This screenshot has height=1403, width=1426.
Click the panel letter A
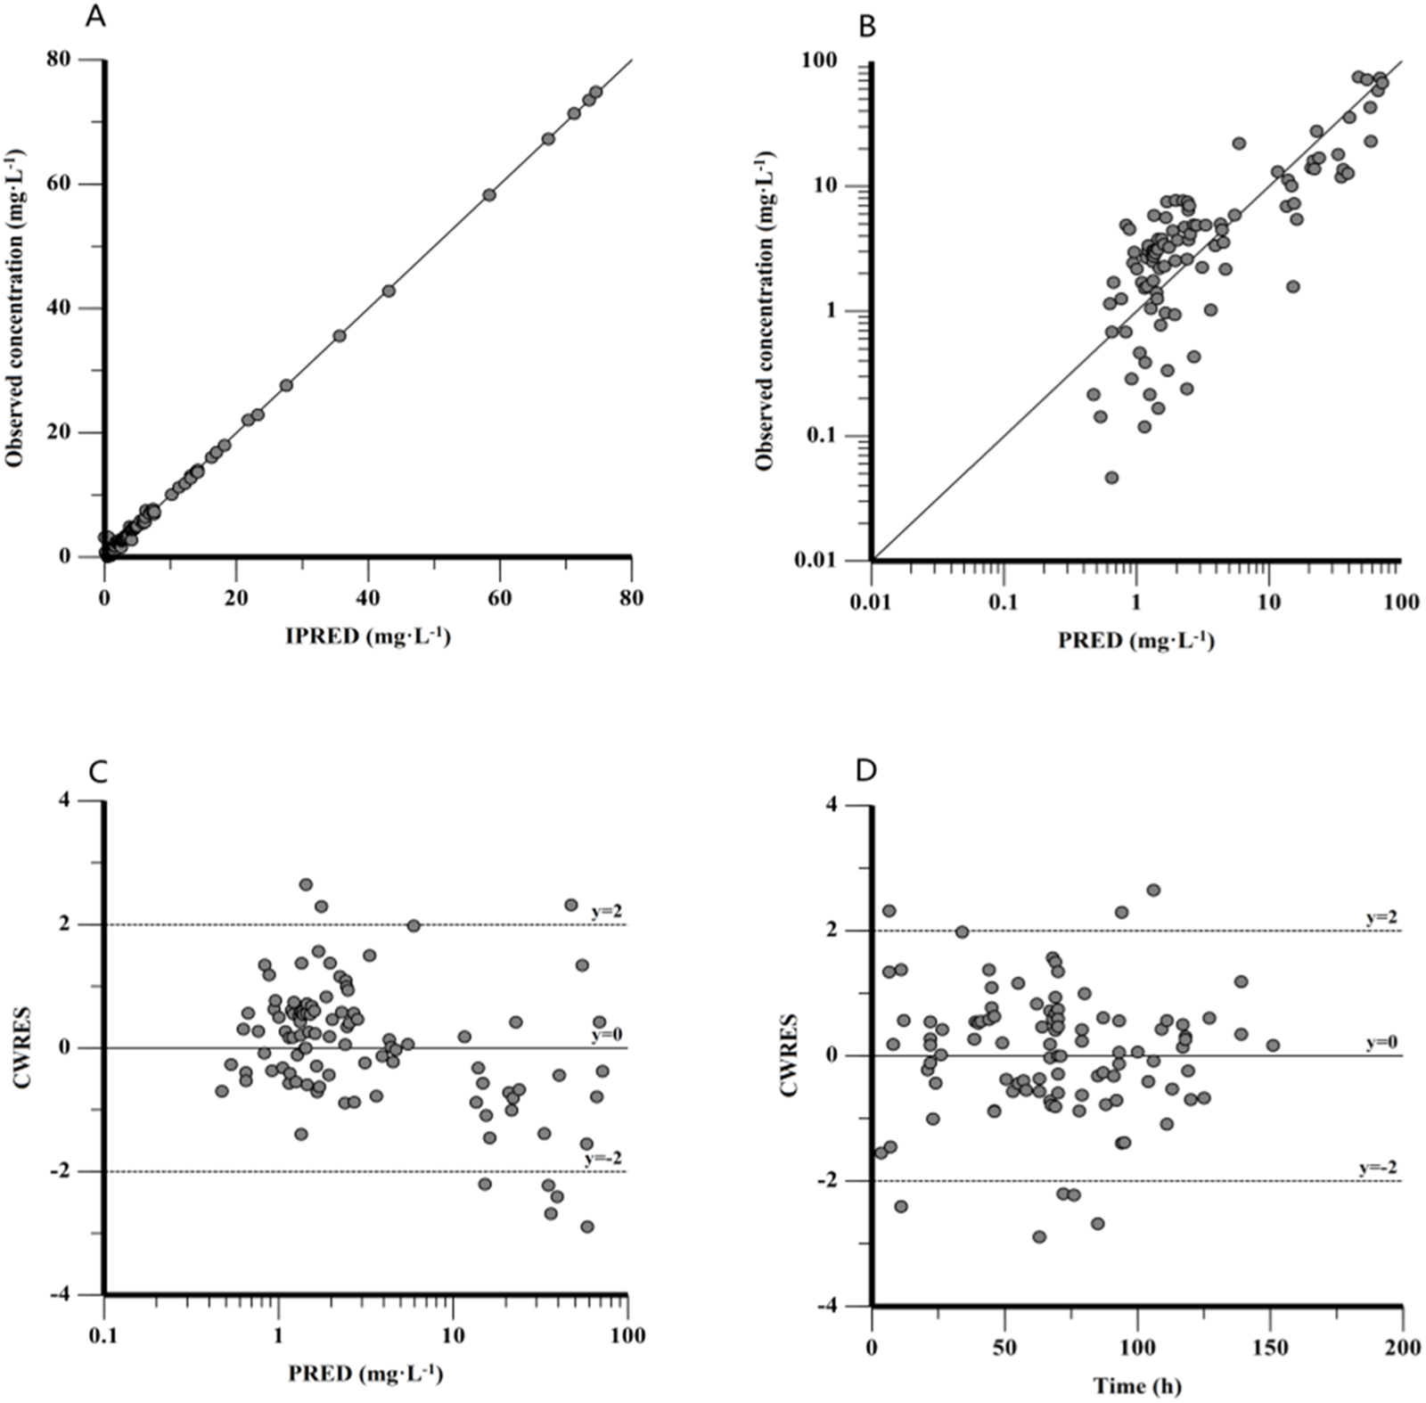tap(95, 17)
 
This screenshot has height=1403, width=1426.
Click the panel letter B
tap(866, 26)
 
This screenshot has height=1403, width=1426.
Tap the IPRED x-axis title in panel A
tap(368, 636)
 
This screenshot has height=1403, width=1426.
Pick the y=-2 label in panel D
tap(1378, 1168)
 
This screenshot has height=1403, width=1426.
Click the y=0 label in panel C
tap(606, 1034)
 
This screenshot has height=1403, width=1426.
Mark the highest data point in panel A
tap(595, 92)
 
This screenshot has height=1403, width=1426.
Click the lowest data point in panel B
tap(1111, 477)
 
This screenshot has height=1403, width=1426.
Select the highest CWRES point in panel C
tap(306, 884)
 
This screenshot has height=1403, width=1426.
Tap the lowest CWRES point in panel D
tap(1039, 1236)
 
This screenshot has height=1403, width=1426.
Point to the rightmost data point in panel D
tap(1273, 1045)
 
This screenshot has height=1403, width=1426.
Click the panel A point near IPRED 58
tap(488, 194)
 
